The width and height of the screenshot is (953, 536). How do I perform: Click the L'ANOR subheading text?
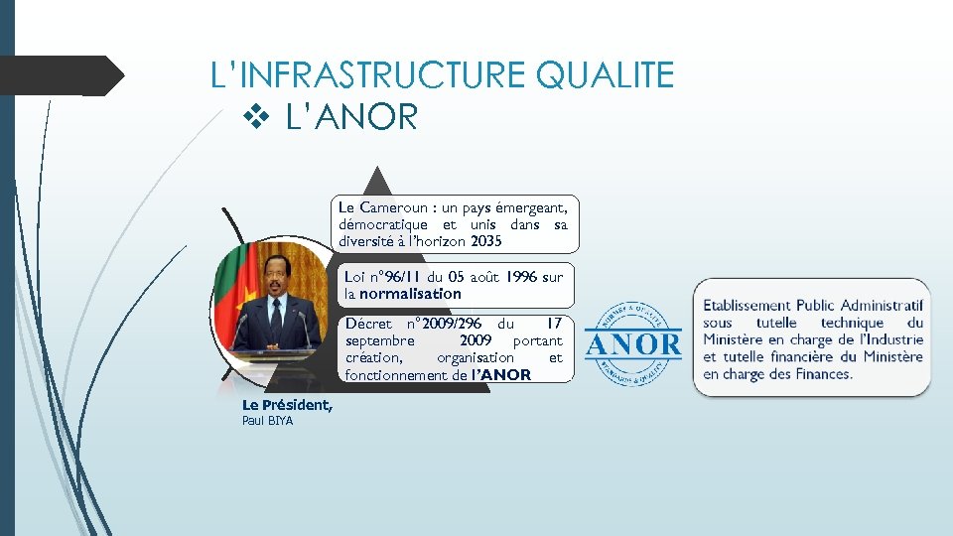(x=351, y=118)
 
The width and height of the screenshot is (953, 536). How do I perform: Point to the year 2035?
(x=486, y=241)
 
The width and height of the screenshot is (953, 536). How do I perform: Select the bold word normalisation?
(x=410, y=294)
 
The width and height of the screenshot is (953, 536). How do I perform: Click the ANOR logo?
(x=633, y=343)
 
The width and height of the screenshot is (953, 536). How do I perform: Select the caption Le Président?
(x=287, y=405)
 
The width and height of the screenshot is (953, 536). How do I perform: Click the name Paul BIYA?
(x=267, y=421)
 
